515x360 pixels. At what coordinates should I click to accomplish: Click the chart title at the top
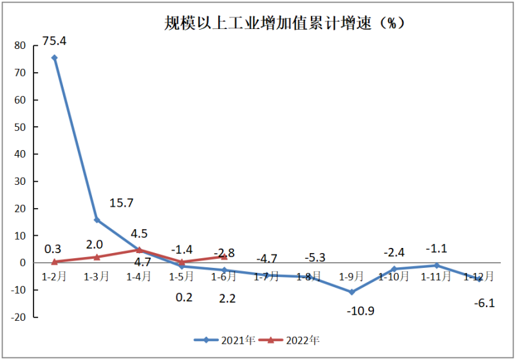coord(283,24)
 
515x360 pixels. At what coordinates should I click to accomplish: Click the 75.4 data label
coord(54,41)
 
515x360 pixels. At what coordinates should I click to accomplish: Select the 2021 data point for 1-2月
coord(54,58)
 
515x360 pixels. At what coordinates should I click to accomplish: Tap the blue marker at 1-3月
coord(97,220)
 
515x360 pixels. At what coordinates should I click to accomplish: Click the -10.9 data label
coord(361,311)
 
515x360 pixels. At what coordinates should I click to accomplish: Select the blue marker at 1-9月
coord(351,292)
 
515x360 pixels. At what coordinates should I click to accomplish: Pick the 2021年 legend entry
coord(224,339)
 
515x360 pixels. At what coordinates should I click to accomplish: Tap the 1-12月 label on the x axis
coord(479,277)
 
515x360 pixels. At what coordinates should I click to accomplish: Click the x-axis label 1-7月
coord(267,277)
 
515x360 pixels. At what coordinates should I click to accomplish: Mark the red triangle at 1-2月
coord(55,261)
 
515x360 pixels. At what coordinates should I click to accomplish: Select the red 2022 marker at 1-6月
coord(224,256)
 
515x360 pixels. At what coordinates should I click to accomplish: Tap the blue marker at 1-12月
coord(479,279)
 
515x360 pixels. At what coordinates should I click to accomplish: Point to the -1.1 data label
coord(436,249)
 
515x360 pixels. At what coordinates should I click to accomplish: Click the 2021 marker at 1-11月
coord(436,265)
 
